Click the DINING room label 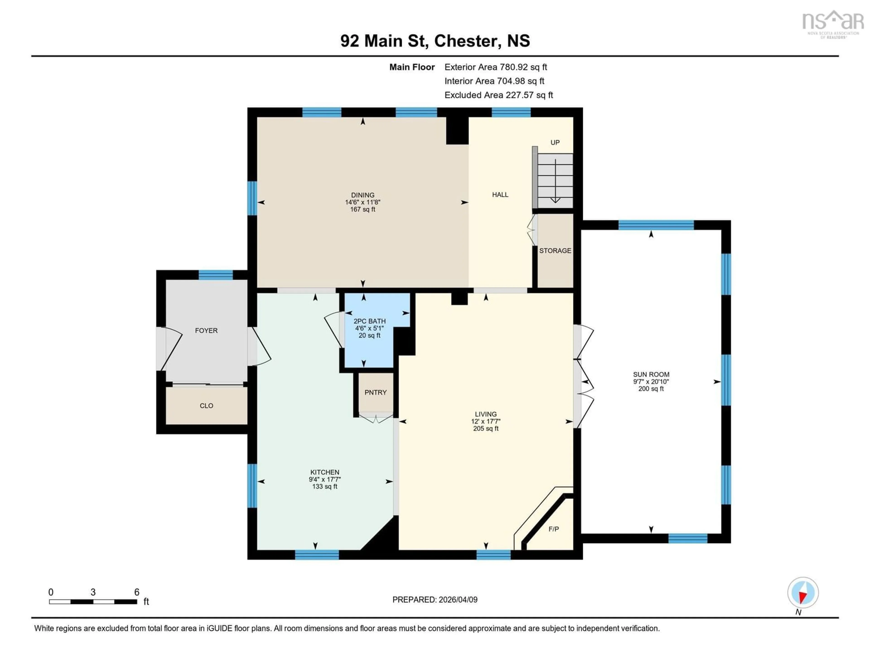pos(362,195)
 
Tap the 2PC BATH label pos(369,321)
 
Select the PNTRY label pos(375,392)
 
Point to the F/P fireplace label pos(553,529)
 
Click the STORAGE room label pos(555,251)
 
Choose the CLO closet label pos(206,406)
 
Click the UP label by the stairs pos(555,142)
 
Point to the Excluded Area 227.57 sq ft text pos(498,95)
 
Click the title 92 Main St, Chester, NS pos(435,41)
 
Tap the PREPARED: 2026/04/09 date pos(435,599)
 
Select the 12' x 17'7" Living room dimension pos(486,421)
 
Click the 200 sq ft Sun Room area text pos(651,388)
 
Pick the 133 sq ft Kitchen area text pos(325,486)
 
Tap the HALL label pos(500,194)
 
